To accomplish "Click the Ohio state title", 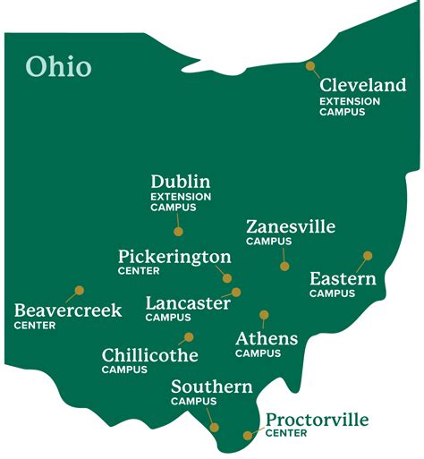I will (x=58, y=66).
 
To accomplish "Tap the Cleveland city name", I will (x=363, y=86).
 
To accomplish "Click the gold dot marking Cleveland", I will (x=310, y=65).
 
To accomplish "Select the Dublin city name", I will (x=181, y=182).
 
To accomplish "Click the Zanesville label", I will (x=291, y=226).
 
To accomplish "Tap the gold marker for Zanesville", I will (x=284, y=266).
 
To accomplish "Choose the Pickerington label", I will (x=174, y=257).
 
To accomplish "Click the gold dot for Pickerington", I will (x=227, y=278).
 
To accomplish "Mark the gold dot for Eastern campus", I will (x=367, y=255).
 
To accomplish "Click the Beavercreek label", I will (x=68, y=310).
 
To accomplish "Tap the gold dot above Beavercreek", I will (x=79, y=290).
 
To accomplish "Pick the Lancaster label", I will (x=188, y=302).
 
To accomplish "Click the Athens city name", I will (x=267, y=338).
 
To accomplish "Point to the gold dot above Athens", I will (x=264, y=314).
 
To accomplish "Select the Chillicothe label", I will (x=150, y=355).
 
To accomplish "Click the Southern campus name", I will (x=212, y=387).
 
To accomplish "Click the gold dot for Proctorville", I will (x=248, y=436).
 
